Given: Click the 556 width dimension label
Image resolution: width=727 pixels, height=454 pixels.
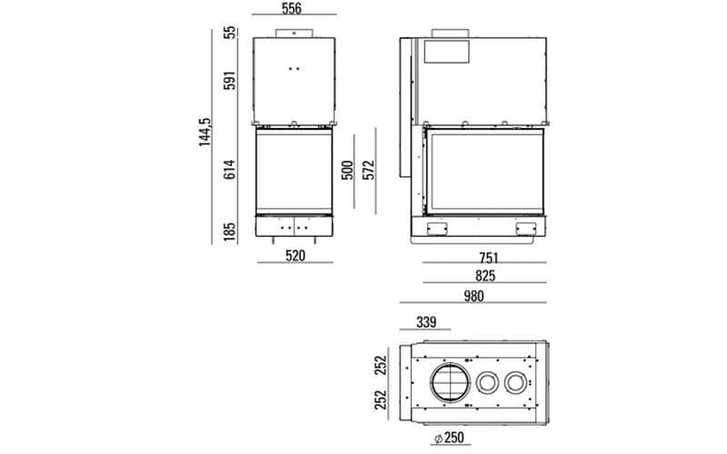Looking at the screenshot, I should tap(292, 9).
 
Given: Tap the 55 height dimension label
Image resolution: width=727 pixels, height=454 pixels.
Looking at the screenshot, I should tap(230, 33).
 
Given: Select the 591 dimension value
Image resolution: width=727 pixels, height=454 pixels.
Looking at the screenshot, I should tap(230, 81).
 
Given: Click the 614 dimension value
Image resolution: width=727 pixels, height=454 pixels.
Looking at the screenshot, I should tap(230, 170).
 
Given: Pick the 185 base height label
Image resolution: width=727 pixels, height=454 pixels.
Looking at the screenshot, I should tap(230, 230).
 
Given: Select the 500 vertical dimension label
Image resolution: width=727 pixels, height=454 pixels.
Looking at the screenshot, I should tap(347, 170).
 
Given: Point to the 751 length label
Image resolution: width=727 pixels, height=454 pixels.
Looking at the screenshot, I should tap(488, 256).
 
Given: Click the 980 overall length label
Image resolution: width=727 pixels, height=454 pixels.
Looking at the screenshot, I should tap(473, 296).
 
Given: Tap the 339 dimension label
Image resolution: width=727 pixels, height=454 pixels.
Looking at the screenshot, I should tap(427, 321).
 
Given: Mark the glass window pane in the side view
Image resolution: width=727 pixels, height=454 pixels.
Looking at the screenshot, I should tap(489, 170).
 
